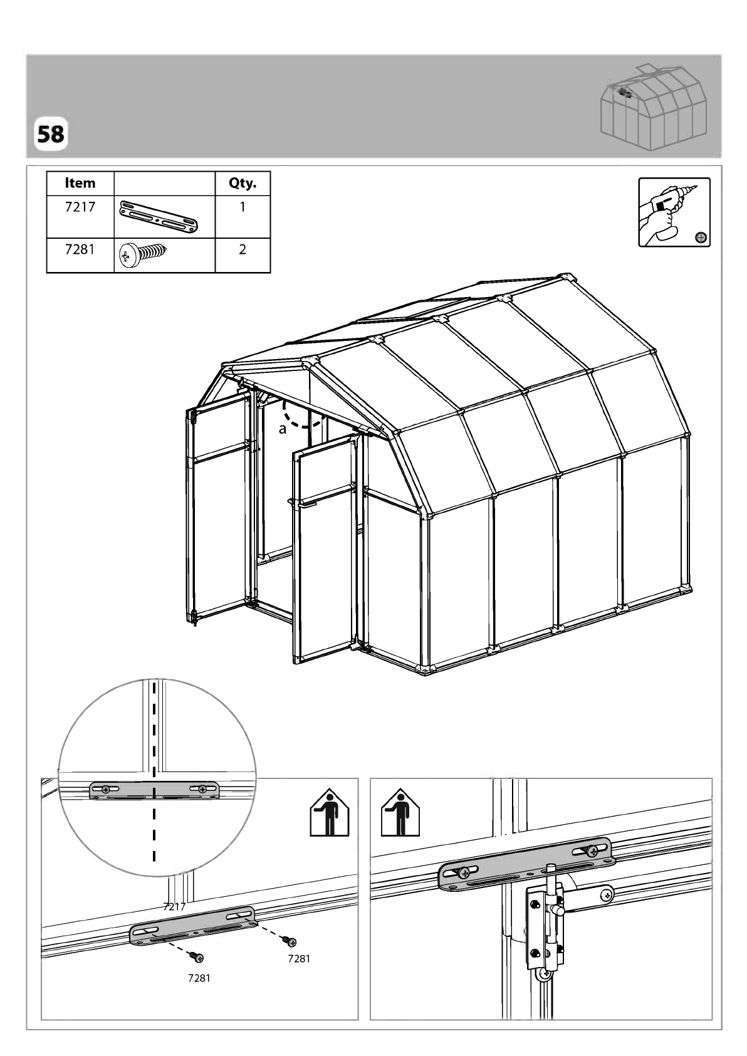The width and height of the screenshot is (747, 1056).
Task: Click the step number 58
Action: click(x=50, y=134)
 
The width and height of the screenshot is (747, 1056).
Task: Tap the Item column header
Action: click(x=80, y=183)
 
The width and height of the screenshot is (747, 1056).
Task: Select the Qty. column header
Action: click(x=243, y=183)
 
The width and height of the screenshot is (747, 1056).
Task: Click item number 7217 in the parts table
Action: click(x=80, y=207)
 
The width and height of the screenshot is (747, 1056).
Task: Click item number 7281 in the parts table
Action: click(x=80, y=249)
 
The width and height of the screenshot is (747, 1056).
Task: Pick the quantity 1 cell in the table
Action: click(x=243, y=207)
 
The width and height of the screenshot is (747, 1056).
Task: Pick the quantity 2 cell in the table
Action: click(x=243, y=249)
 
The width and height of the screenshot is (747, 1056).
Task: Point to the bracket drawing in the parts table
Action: click(x=159, y=216)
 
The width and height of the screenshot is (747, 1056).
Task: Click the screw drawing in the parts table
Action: click(x=142, y=254)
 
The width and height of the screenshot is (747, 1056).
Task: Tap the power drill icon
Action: click(x=674, y=212)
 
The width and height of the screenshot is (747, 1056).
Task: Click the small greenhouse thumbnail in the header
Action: click(x=653, y=108)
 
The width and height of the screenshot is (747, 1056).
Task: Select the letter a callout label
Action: click(x=282, y=429)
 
